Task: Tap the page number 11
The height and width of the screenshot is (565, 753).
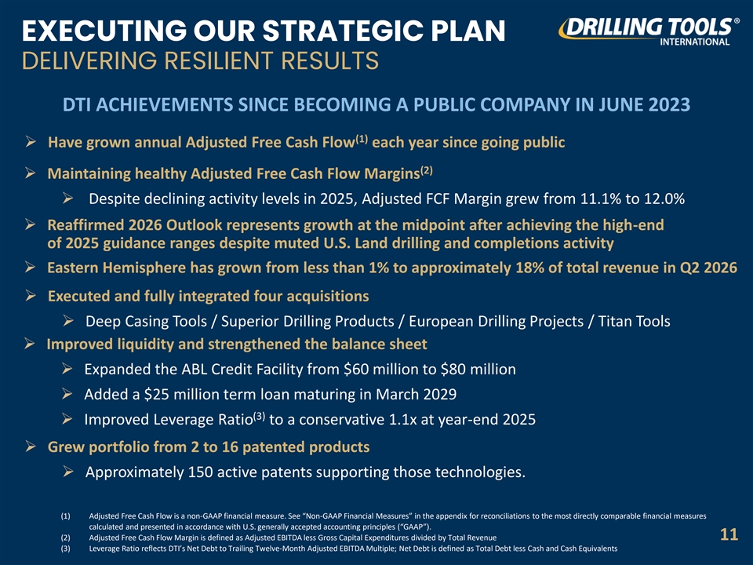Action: click(x=729, y=534)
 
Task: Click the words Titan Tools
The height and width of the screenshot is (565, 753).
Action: click(x=634, y=321)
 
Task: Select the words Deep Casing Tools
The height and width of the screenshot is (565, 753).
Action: click(x=146, y=321)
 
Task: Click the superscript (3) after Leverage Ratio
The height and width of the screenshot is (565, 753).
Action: click(x=260, y=416)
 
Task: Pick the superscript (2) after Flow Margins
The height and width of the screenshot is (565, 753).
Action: click(x=427, y=170)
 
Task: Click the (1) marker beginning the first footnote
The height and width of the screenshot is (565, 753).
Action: click(x=65, y=516)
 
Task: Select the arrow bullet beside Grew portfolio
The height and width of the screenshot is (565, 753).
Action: click(x=31, y=447)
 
